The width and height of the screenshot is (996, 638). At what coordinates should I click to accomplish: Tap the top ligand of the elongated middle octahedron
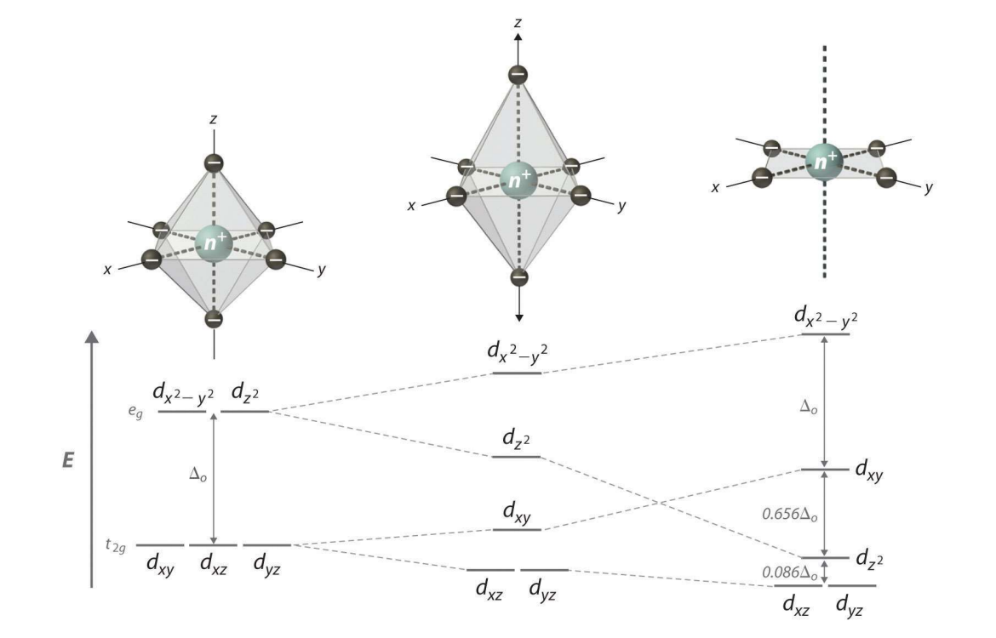click(517, 76)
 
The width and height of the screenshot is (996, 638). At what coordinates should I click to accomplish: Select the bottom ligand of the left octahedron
click(214, 319)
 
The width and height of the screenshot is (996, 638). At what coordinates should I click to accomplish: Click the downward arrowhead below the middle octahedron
click(518, 317)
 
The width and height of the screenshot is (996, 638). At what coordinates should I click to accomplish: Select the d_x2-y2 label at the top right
click(823, 317)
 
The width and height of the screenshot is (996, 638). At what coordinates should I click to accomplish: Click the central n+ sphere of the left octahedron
click(213, 241)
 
